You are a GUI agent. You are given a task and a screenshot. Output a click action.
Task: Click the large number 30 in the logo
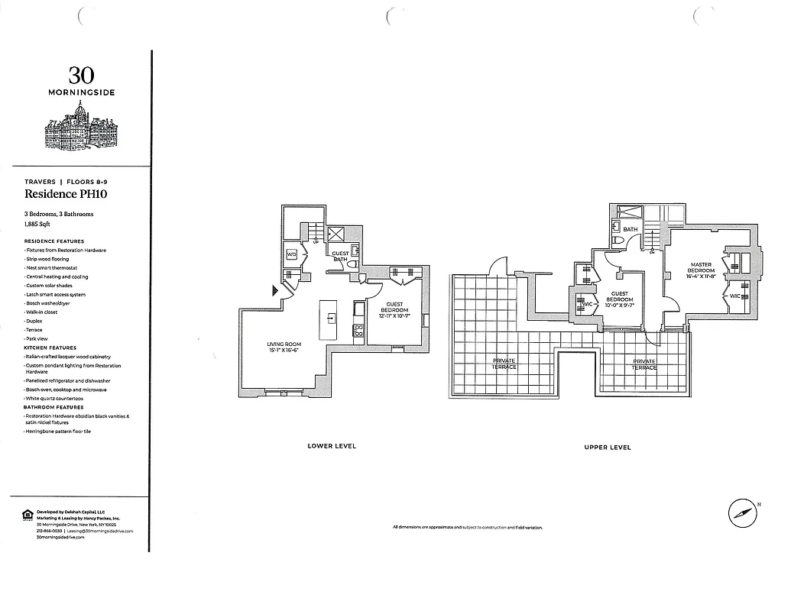[x=82, y=75]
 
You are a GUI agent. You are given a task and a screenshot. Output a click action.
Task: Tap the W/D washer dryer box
[x=292, y=254]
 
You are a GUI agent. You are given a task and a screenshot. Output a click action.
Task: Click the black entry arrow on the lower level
[x=275, y=289]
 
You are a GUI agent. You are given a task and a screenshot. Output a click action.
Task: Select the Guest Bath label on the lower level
[x=340, y=255]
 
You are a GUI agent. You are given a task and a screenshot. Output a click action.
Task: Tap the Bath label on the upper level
[x=630, y=229]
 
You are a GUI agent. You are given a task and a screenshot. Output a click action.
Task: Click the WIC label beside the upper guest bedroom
[x=587, y=304]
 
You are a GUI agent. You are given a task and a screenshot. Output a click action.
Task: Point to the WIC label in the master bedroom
[x=734, y=296]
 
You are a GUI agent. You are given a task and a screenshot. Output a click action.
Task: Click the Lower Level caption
[x=332, y=446]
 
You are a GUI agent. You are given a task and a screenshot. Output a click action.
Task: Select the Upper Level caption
[x=608, y=447]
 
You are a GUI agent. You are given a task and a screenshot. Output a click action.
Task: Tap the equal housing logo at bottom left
[x=28, y=515]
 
